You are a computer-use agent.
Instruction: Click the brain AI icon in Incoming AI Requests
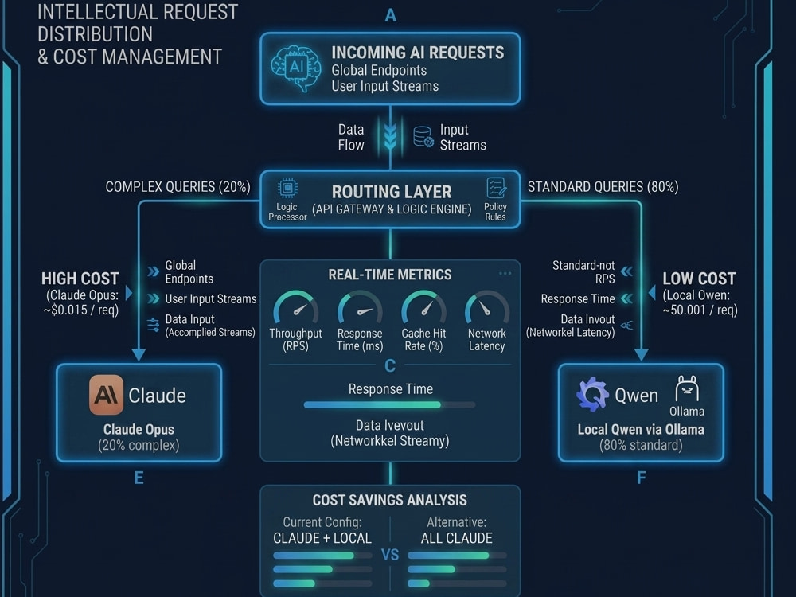[296, 68]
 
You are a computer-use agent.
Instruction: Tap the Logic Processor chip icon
[287, 189]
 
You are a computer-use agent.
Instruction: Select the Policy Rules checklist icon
[495, 188]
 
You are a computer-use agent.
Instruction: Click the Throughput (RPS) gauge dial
[296, 307]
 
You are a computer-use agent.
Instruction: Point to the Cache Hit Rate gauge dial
[424, 307]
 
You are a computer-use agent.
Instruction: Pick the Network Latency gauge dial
[487, 307]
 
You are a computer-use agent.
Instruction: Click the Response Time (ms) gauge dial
[360, 307]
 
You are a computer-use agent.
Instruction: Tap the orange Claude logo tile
[106, 395]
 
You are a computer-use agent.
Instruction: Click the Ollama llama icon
[687, 389]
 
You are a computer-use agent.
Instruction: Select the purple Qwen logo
[592, 394]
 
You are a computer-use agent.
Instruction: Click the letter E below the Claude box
[139, 478]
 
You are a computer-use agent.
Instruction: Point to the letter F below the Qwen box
[641, 478]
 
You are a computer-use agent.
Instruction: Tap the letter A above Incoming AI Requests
[390, 15]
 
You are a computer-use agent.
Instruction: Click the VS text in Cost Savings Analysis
[390, 555]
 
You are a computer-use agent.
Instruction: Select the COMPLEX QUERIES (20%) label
[178, 187]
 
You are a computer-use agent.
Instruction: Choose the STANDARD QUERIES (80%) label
[603, 187]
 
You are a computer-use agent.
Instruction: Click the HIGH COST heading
[80, 278]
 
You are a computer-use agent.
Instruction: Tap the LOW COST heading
[699, 278]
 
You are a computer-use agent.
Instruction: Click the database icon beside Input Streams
[423, 137]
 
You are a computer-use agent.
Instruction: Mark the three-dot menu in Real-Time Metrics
[505, 274]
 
